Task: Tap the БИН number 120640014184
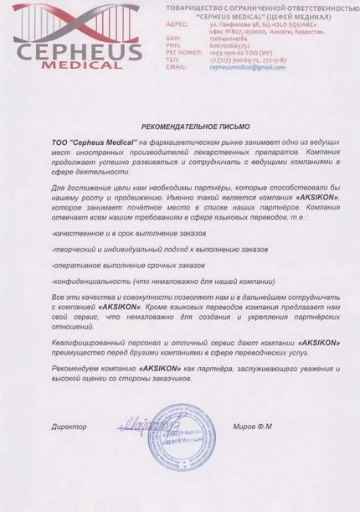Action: pos(229,39)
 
